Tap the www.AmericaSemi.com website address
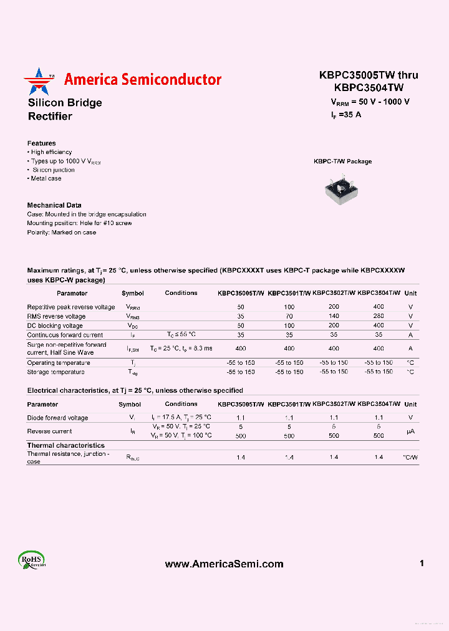pyautogui.click(x=224, y=564)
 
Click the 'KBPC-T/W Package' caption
pyautogui.click(x=342, y=161)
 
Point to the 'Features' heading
pyautogui.click(x=42, y=143)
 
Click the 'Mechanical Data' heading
pyautogui.click(x=54, y=205)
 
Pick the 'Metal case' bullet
pyautogui.click(x=45, y=178)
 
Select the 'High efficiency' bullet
pyautogui.click(x=50, y=152)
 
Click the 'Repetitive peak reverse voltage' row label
pyautogui.click(x=71, y=307)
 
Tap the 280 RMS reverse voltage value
pyautogui.click(x=379, y=316)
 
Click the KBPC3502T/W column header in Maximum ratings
pyautogui.click(x=334, y=293)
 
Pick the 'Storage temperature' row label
pyautogui.click(x=56, y=372)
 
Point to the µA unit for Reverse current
pyautogui.click(x=410, y=431)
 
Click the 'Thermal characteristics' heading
pyautogui.click(x=66, y=446)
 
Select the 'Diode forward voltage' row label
pyautogui.click(x=57, y=418)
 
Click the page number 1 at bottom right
pyautogui.click(x=422, y=564)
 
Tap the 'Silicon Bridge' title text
pyautogui.click(x=65, y=103)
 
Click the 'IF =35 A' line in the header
pyautogui.click(x=346, y=115)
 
